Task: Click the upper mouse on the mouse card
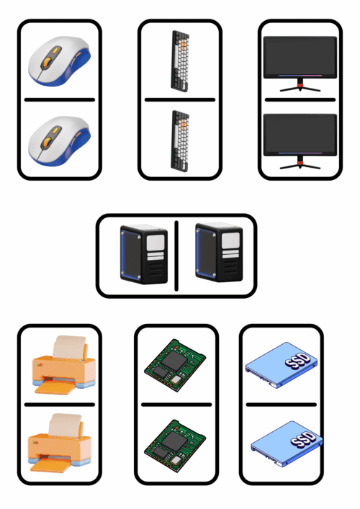click(60, 61)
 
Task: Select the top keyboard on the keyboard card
click(180, 61)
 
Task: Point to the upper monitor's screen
click(300, 56)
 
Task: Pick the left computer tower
click(144, 254)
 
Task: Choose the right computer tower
click(219, 252)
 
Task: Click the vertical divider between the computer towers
click(176, 256)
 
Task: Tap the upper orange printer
click(63, 365)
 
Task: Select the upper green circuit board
click(175, 365)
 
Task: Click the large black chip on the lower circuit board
click(174, 441)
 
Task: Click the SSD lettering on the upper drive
click(297, 360)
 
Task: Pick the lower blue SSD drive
click(287, 444)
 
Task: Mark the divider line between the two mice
click(60, 100)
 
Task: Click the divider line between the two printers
click(60, 405)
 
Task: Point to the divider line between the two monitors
click(300, 100)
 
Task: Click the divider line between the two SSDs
click(281, 405)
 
